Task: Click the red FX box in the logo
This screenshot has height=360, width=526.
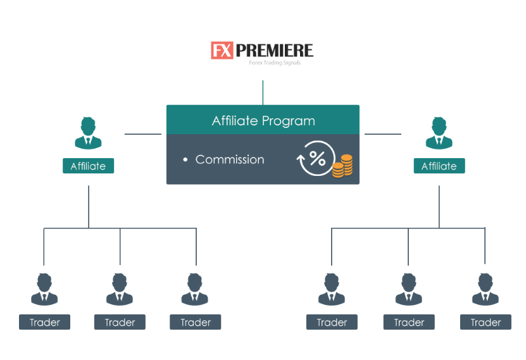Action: pos(222,51)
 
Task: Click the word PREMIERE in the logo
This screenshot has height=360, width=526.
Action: pos(273,51)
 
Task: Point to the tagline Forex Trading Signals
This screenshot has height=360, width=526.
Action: pos(274,63)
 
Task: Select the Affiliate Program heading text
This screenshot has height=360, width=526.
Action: pos(263,121)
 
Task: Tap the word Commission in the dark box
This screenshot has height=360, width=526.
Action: pos(230,159)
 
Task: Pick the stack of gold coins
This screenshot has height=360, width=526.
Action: pos(342,166)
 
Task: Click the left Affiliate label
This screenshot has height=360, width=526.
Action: pos(88,166)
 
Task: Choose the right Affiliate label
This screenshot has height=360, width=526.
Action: pos(439,166)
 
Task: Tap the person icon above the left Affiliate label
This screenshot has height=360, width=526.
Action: pos(88,133)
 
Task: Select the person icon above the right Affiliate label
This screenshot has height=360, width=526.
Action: pos(439,133)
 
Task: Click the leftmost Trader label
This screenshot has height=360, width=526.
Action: pos(44,323)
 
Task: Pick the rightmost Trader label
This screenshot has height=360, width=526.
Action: pos(485,323)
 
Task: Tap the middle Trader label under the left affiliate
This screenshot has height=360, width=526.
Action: pos(120,323)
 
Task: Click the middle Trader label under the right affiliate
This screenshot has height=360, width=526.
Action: pos(409,323)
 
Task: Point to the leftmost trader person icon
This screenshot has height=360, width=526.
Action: pos(44,289)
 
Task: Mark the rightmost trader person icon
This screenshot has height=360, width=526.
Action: pos(485,289)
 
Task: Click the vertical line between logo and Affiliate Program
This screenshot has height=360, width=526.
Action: pos(263,92)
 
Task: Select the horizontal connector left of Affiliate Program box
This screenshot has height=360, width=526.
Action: pos(143,134)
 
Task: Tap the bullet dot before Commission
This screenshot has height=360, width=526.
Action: pos(185,160)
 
